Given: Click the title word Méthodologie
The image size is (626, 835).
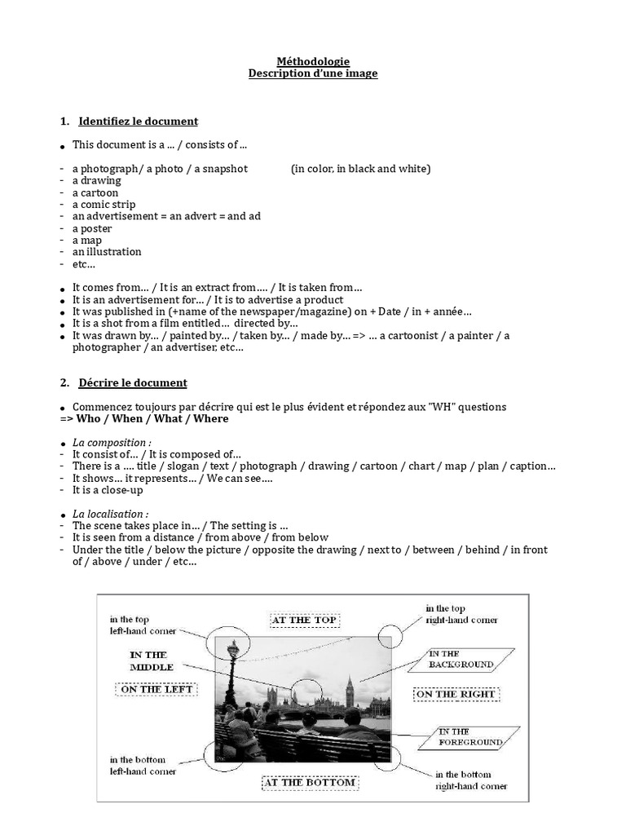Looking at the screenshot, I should point(312,61).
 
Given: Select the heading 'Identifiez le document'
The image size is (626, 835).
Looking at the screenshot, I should point(138,121).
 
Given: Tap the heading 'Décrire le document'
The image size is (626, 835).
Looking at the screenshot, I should point(133,382).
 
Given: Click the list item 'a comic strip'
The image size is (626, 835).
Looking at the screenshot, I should point(104,205).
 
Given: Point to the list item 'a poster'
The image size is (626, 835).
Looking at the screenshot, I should point(92,228).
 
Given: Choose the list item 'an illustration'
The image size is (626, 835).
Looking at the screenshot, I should point(107,252).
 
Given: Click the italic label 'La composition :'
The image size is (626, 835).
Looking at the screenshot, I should point(112,443).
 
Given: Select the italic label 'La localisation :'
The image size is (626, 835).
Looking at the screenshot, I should point(111,515).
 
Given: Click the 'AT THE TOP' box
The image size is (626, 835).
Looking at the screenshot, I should point(303,620).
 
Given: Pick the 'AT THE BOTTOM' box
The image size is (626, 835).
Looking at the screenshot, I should point(309,783).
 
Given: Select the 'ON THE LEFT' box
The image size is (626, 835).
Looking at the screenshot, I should point(156,689).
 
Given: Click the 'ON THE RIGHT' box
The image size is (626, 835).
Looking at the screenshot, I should point(456,695).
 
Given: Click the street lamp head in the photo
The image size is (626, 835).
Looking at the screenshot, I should point(234,652).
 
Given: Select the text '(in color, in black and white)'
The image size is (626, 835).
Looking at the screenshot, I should point(360,169).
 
